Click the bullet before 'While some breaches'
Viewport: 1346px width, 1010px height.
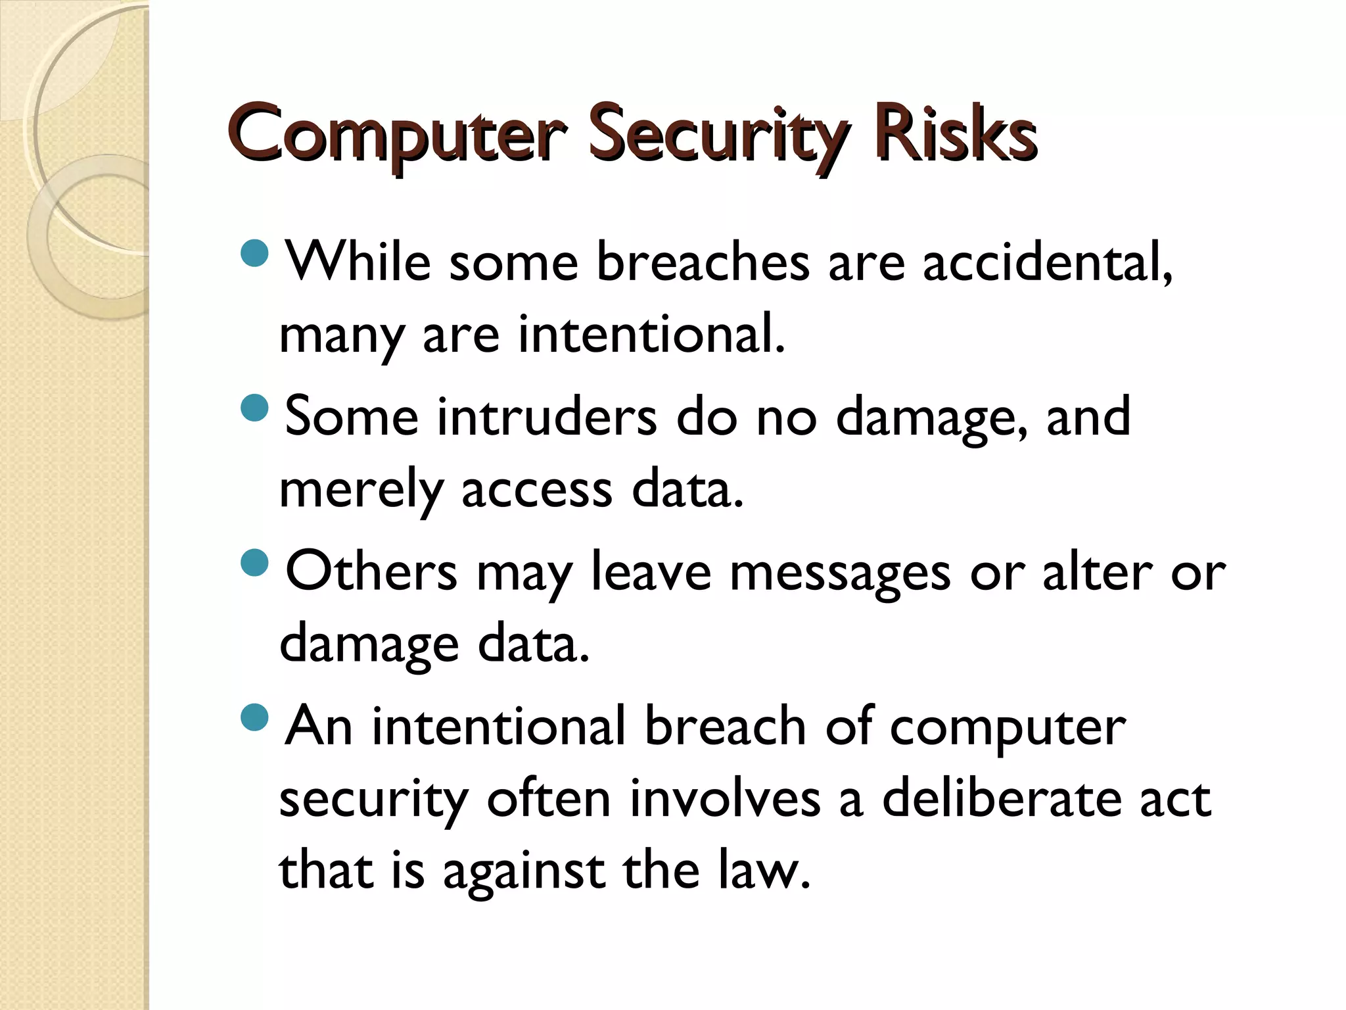[x=255, y=253]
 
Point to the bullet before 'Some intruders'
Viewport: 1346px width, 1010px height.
[x=255, y=408]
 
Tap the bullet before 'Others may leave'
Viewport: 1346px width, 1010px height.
[x=255, y=562]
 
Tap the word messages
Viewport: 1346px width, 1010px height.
[x=840, y=572]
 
